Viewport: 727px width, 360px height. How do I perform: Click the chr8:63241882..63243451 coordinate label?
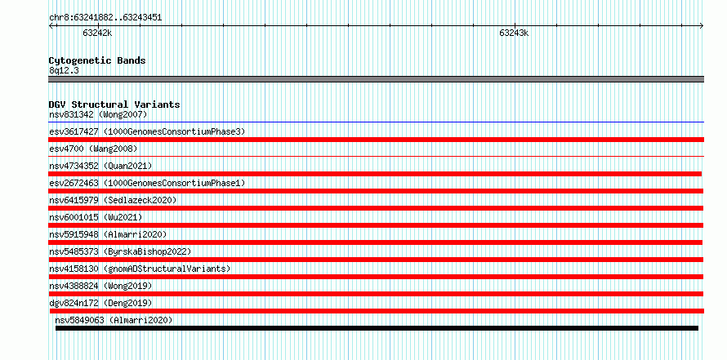click(x=105, y=18)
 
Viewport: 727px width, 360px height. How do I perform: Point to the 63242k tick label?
click(x=97, y=33)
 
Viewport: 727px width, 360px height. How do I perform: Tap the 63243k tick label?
click(x=514, y=33)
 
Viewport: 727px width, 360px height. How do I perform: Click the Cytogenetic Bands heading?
click(x=97, y=60)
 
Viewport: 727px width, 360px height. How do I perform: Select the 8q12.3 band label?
click(x=64, y=70)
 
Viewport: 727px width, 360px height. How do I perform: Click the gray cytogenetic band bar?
click(x=376, y=79)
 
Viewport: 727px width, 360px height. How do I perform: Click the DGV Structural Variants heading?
click(x=114, y=104)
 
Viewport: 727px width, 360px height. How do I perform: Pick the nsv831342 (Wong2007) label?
click(x=98, y=114)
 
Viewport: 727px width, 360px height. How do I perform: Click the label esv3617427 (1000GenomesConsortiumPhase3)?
click(x=147, y=131)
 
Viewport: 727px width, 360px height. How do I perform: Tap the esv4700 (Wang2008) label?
click(x=93, y=149)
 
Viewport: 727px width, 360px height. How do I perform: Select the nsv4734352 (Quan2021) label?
click(x=100, y=166)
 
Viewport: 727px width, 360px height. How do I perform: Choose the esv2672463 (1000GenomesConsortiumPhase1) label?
click(x=147, y=183)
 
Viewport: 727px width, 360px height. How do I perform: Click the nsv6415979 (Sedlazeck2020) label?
click(x=113, y=200)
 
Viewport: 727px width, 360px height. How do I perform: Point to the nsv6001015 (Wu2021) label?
click(x=96, y=217)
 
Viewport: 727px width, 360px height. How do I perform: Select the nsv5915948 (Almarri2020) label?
click(x=108, y=234)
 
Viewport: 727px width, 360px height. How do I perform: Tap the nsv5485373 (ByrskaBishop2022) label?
click(x=120, y=251)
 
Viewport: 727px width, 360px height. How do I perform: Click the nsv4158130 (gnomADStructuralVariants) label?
click(x=140, y=269)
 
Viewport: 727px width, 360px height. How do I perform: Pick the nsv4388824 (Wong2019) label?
click(x=100, y=286)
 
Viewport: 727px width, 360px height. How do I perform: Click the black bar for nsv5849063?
click(x=377, y=328)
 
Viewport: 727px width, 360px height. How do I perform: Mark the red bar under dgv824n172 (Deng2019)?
click(x=377, y=311)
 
